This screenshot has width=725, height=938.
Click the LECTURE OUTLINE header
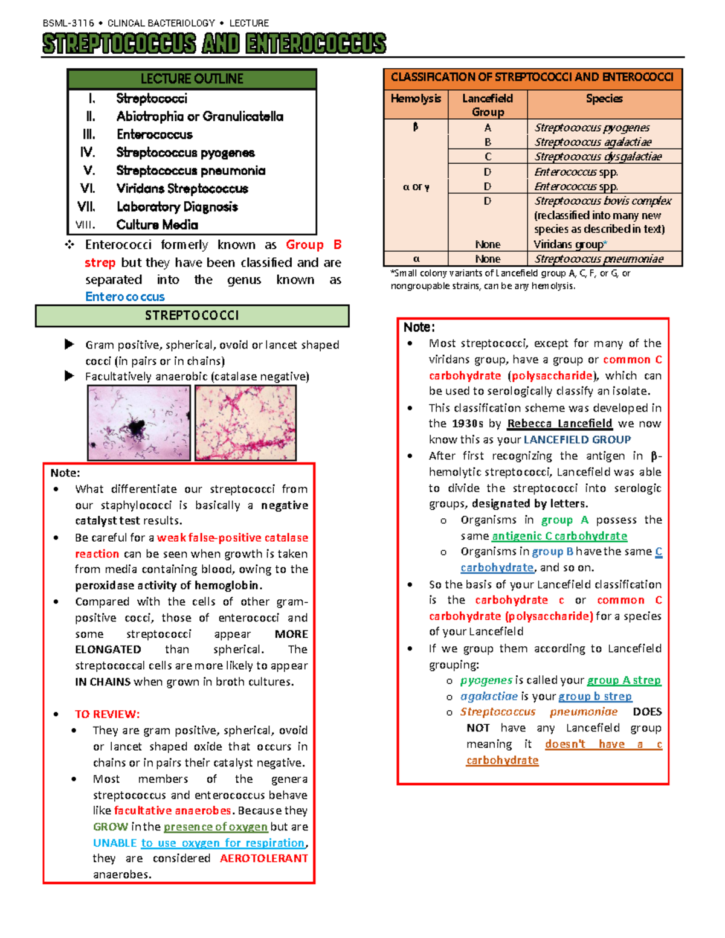(192, 79)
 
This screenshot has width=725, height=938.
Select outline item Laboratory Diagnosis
(177, 207)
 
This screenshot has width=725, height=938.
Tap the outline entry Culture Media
(157, 225)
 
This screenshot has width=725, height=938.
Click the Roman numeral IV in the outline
(88, 152)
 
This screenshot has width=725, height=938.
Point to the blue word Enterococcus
(125, 297)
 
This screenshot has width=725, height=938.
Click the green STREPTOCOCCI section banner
(192, 315)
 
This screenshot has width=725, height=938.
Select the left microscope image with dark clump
(139, 423)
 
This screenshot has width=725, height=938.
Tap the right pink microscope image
(245, 423)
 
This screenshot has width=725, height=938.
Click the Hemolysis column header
(416, 98)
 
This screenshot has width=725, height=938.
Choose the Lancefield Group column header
(488, 104)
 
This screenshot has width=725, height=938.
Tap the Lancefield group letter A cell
(488, 127)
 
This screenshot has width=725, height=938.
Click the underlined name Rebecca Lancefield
(559, 423)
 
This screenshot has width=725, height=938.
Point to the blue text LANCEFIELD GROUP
(577, 440)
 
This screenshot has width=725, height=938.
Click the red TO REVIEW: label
(107, 714)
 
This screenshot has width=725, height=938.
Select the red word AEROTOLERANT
(264, 858)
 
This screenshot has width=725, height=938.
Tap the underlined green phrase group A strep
(624, 680)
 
